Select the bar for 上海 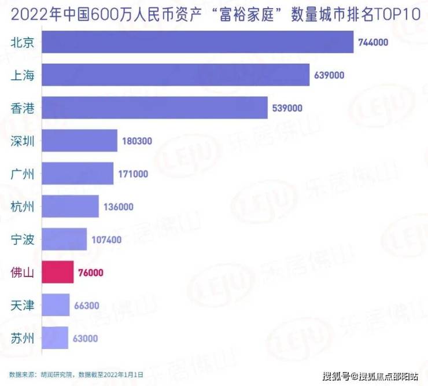tap(176, 75)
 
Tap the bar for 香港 tap(155, 108)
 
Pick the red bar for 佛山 tap(58, 272)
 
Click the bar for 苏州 tap(56, 338)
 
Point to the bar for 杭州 tap(71, 207)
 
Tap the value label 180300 tap(137, 141)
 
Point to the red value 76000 tap(90, 273)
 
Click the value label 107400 tap(106, 240)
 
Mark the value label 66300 tap(86, 306)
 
